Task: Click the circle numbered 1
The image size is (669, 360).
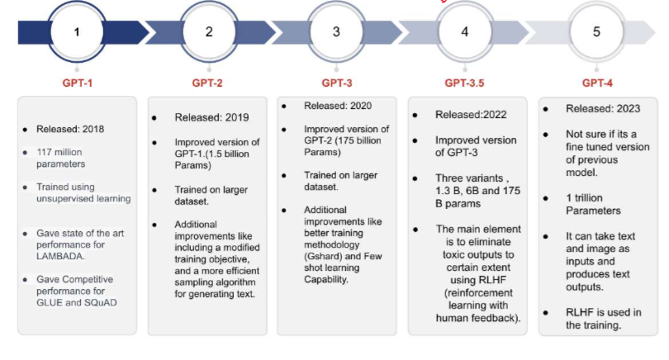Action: (x=78, y=33)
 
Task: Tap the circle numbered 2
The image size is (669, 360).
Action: (x=208, y=33)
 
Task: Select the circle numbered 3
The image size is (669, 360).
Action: (x=336, y=33)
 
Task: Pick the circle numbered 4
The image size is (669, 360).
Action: (x=464, y=33)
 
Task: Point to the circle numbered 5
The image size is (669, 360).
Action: (x=595, y=33)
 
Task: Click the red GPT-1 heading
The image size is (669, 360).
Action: (x=78, y=83)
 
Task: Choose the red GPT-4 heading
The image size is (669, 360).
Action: (x=596, y=83)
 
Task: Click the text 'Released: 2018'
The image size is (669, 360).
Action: (x=70, y=130)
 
